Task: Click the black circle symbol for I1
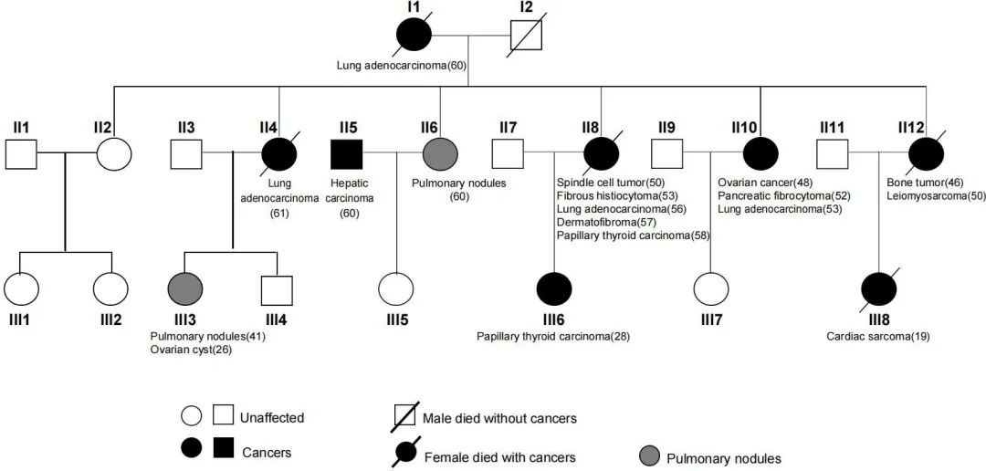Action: click(x=413, y=37)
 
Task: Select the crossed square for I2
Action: click(x=524, y=37)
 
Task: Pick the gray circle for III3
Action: click(x=184, y=289)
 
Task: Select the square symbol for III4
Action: click(x=278, y=289)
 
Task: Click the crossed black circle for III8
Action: click(x=879, y=289)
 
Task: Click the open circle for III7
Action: click(x=710, y=289)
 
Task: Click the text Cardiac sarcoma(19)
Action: click(x=878, y=336)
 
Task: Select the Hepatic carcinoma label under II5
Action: click(x=348, y=191)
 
